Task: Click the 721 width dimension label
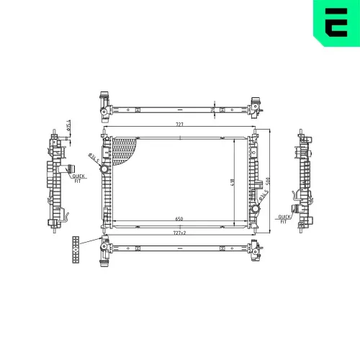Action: click(179, 125)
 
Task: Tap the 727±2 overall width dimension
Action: click(179, 232)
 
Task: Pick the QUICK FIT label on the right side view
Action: click(285, 217)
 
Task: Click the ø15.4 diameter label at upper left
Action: click(67, 127)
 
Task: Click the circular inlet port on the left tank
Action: click(104, 168)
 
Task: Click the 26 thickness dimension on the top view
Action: click(213, 109)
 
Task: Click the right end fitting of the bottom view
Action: click(254, 251)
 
